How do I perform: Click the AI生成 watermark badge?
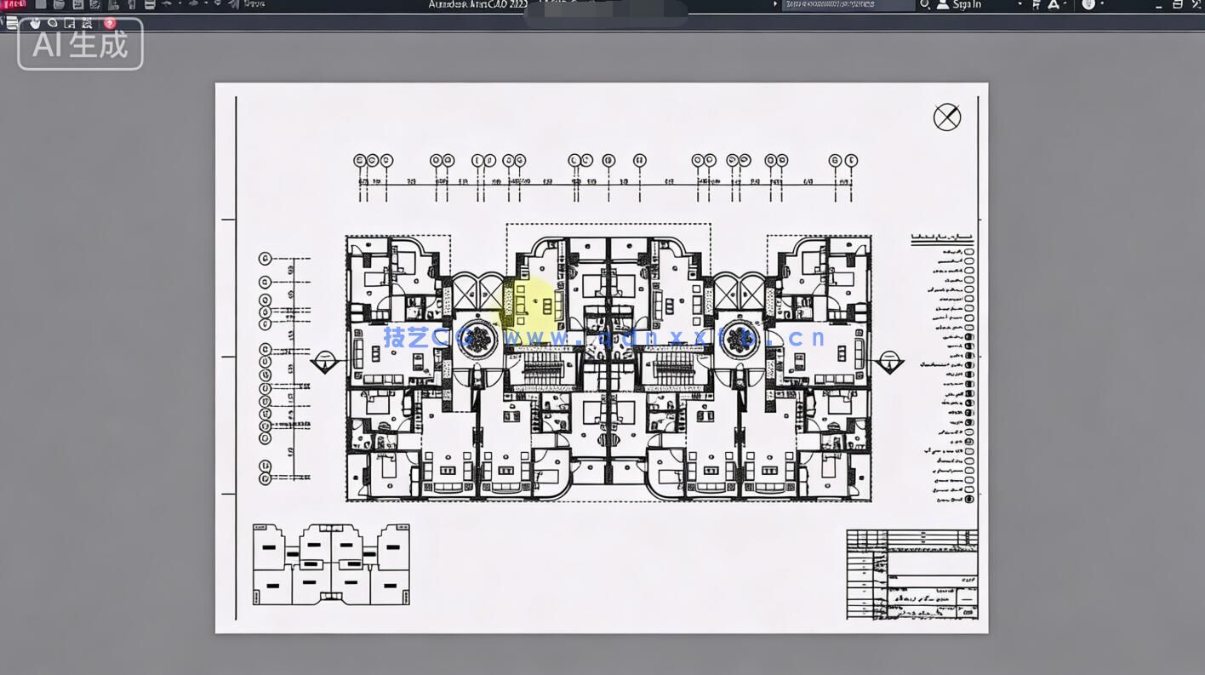pos(80,44)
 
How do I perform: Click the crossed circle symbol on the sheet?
pos(947,117)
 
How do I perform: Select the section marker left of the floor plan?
pos(323,363)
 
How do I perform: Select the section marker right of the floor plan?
pos(889,363)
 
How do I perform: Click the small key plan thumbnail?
pos(331,564)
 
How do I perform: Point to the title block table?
pos(911,575)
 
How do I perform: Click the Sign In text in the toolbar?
pos(967,5)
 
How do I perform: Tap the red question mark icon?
pos(110,23)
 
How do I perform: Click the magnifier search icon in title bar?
pos(925,5)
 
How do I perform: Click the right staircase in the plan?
pos(672,372)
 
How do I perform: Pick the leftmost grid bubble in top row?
pos(359,160)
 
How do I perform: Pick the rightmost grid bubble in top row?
pos(851,160)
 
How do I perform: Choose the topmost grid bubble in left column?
pos(265,259)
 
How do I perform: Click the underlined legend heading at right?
pos(942,240)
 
